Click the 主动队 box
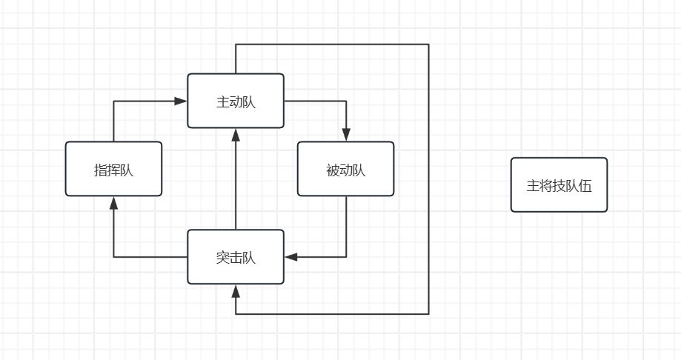(x=236, y=101)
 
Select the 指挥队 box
(x=113, y=169)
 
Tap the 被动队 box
(x=345, y=169)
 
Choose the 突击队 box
(x=236, y=257)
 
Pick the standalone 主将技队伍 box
(x=559, y=185)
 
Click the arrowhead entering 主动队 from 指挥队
(x=182, y=101)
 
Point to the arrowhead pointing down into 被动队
(x=346, y=136)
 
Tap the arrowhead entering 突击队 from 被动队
(x=290, y=257)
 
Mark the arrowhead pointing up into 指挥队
(x=113, y=202)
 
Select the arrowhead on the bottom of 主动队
(x=236, y=134)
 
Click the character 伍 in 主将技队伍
(x=585, y=185)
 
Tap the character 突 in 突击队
(x=223, y=258)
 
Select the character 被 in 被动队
(x=333, y=170)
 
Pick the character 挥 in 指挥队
(x=113, y=170)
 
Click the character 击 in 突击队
(x=236, y=258)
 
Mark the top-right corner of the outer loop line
(x=428, y=44)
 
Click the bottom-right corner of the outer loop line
(x=428, y=314)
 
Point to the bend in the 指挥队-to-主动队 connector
(x=113, y=101)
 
